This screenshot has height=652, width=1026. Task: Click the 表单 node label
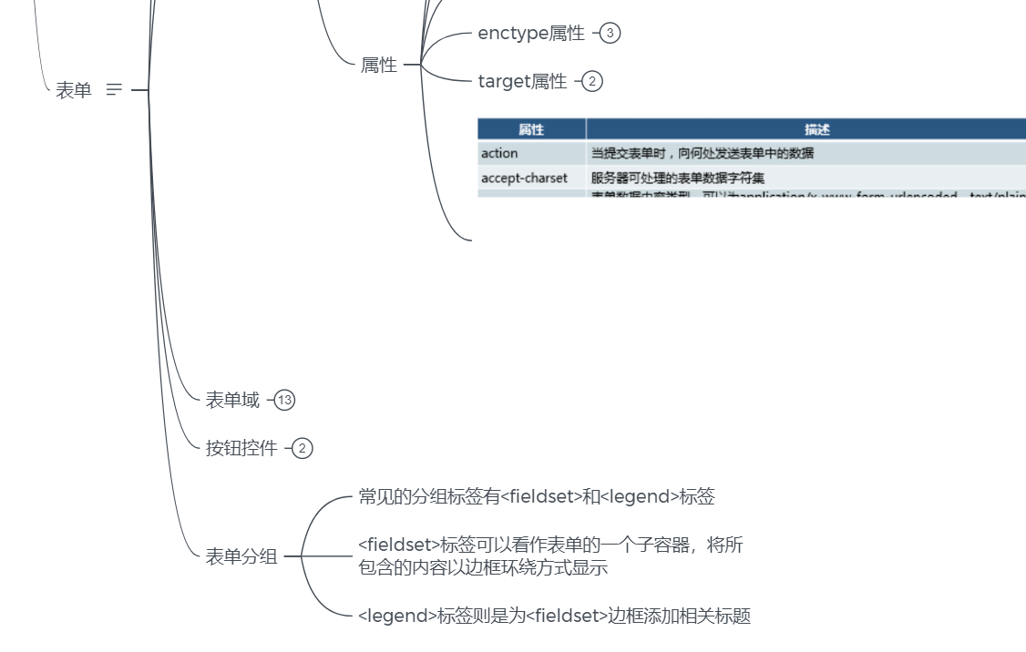(74, 90)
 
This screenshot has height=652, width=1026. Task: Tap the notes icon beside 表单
(114, 90)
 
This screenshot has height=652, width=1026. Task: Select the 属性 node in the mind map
(379, 66)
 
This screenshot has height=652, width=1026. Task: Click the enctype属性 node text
(531, 34)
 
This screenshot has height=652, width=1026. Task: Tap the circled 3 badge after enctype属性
(610, 34)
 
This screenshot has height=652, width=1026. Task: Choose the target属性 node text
(522, 82)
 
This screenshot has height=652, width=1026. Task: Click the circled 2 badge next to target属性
(592, 82)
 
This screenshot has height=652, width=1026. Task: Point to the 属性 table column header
(531, 129)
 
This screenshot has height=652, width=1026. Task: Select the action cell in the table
(499, 153)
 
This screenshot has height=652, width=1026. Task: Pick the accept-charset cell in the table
(524, 178)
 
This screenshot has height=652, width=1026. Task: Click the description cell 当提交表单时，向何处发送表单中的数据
(703, 153)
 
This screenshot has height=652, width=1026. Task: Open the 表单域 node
(232, 400)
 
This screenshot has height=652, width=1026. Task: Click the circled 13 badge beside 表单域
(285, 400)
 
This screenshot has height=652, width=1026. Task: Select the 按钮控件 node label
(241, 448)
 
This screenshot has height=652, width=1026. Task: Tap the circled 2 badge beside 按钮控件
(303, 448)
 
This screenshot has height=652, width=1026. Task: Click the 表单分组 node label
(241, 556)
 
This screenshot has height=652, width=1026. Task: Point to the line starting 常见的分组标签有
(537, 497)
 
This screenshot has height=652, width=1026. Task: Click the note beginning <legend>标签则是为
(554, 616)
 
